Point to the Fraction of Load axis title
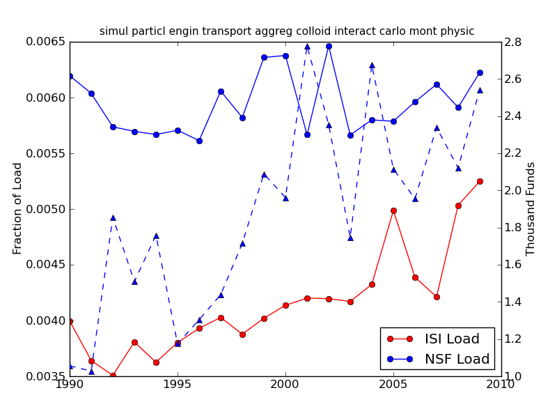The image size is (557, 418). coord(18,208)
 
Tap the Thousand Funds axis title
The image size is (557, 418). coord(531,208)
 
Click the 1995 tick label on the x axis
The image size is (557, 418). coord(178,385)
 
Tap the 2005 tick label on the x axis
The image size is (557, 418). coord(393,385)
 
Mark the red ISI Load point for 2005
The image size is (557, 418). coord(393,210)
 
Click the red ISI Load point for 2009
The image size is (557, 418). coord(480,181)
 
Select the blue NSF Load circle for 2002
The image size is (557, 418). coord(329,46)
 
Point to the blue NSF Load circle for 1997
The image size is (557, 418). coord(221,91)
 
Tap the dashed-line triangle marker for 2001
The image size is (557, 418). coord(307,47)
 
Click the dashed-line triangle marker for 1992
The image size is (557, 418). coord(113,217)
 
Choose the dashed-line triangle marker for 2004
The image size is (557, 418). coord(372,65)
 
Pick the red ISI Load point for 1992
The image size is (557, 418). coord(113,376)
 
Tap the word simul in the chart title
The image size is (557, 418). coord(113,31)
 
